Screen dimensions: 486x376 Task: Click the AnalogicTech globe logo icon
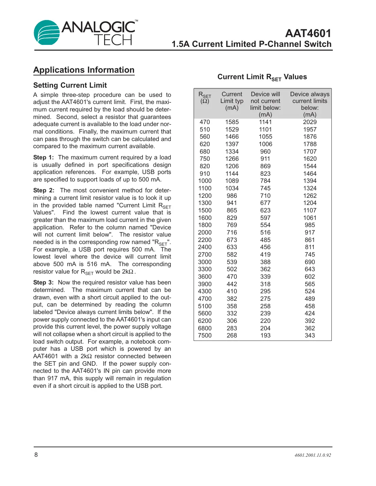pyautogui.click(x=47, y=33)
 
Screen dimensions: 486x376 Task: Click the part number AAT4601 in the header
pyautogui.click(x=308, y=33)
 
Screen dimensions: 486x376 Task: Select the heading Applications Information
pyautogui.click(x=84, y=70)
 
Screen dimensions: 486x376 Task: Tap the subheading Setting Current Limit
pyautogui.click(x=70, y=85)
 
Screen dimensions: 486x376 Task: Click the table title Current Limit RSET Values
pyautogui.click(x=262, y=77)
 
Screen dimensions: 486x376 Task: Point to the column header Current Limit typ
pyautogui.click(x=232, y=101)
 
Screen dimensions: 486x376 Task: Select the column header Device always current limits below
pyautogui.click(x=310, y=104)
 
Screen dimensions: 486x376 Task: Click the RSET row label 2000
pyautogui.click(x=205, y=232)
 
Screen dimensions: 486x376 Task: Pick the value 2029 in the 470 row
pyautogui.click(x=310, y=122)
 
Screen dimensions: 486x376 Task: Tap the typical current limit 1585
pyautogui.click(x=232, y=122)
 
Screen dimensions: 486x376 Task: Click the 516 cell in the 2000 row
pyautogui.click(x=265, y=232)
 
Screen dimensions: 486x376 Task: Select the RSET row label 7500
pyautogui.click(x=205, y=335)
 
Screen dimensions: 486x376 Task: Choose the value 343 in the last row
pyautogui.click(x=310, y=335)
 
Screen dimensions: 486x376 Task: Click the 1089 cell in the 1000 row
pyautogui.click(x=232, y=181)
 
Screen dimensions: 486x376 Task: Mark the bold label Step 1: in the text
pyautogui.click(x=44, y=157)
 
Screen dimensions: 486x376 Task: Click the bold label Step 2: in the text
pyautogui.click(x=44, y=190)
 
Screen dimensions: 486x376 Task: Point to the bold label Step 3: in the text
pyautogui.click(x=44, y=282)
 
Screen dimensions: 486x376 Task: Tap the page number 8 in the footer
pyautogui.click(x=36, y=455)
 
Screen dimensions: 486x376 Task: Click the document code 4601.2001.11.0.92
pyautogui.click(x=313, y=455)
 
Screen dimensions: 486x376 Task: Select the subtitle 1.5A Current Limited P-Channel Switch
pyautogui.click(x=251, y=44)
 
